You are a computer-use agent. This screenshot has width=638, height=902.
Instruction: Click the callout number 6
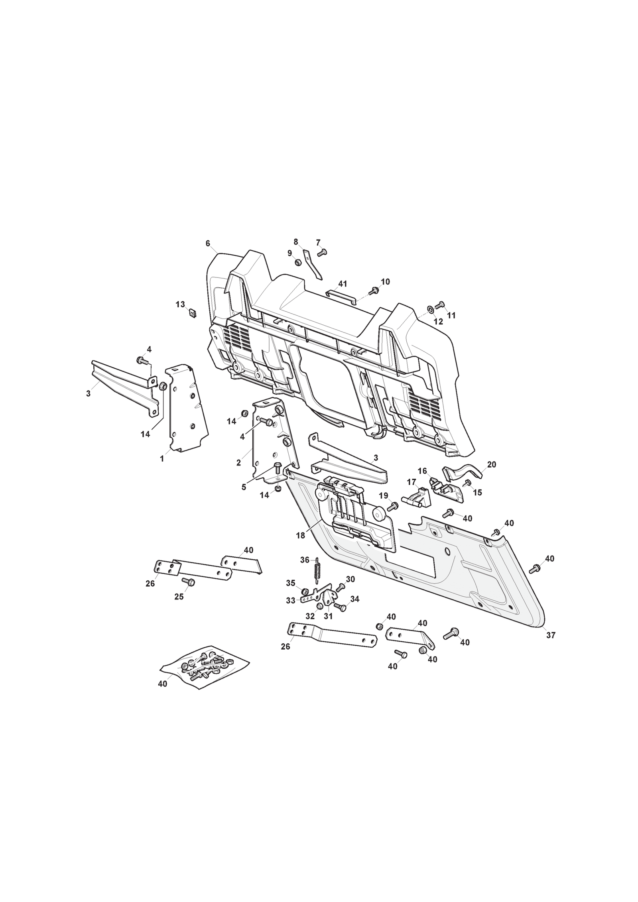tap(208, 244)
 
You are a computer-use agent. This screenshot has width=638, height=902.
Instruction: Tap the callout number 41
tap(343, 284)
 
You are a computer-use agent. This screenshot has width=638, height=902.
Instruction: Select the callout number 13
tap(180, 305)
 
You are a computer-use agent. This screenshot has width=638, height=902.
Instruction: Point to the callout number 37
tap(551, 635)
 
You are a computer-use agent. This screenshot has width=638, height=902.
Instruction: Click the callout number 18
tap(300, 536)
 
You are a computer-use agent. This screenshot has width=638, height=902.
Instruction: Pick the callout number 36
tap(305, 560)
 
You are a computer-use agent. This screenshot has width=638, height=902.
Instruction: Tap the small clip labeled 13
tap(192, 313)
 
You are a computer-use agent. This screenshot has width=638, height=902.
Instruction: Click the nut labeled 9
tap(298, 262)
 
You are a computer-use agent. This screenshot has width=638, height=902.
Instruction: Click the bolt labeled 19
tap(393, 507)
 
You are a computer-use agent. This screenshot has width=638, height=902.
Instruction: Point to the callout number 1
tap(162, 459)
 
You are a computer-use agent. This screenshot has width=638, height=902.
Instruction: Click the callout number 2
tap(238, 463)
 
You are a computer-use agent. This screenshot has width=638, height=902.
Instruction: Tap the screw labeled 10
tap(374, 291)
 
